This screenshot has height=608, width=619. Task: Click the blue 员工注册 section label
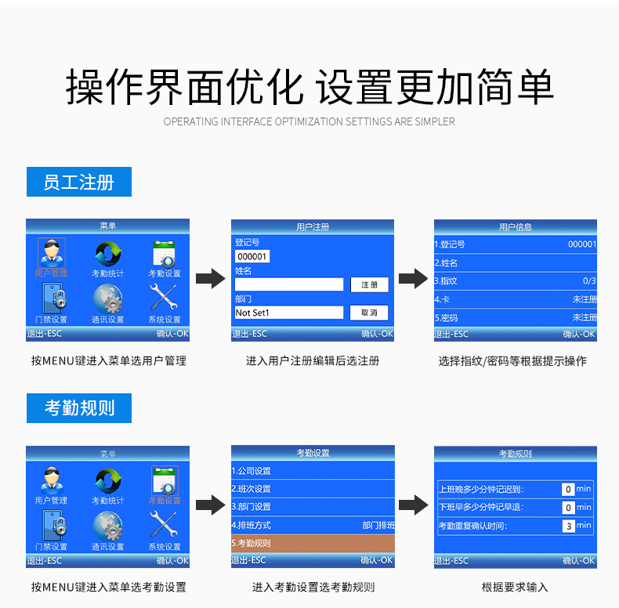78,183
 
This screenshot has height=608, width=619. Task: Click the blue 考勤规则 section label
78,408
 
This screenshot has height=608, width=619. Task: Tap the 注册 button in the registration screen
369,285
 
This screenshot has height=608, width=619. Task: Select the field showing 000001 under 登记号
252,256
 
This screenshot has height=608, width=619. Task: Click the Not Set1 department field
288,313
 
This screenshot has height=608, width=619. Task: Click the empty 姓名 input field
288,284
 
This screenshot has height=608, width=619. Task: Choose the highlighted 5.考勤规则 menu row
313,543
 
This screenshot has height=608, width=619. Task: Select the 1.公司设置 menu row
313,471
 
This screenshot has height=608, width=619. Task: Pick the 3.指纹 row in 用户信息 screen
515,280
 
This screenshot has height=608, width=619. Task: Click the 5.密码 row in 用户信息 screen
515,318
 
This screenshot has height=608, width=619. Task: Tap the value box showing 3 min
569,526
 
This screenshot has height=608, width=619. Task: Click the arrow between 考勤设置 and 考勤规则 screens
414,505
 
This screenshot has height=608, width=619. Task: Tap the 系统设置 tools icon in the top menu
165,299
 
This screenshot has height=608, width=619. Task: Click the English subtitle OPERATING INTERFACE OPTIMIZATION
309,121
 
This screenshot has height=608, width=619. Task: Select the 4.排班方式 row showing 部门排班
313,525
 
